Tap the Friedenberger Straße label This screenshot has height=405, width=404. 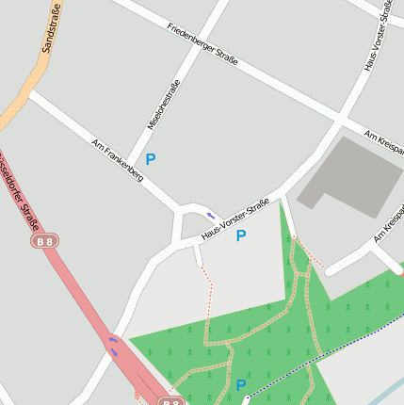pos(202,43)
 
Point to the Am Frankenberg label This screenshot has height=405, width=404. pos(117,161)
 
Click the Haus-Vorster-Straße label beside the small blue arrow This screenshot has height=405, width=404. pos(235,218)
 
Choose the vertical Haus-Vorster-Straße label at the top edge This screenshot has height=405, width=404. pos(377,38)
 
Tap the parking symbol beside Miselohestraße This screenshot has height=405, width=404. pos(150,160)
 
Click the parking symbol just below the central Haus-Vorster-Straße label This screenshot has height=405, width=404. pos(240,235)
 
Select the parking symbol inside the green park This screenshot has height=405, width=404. pos(240,385)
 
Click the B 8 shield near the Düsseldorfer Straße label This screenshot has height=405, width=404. pos(44,242)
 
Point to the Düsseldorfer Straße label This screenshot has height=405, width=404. pos(19,192)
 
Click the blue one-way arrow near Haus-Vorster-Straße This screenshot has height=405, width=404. pos(211,215)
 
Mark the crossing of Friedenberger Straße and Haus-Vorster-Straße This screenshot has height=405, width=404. pos(339,118)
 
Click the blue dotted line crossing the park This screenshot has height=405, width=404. pos(320,360)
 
